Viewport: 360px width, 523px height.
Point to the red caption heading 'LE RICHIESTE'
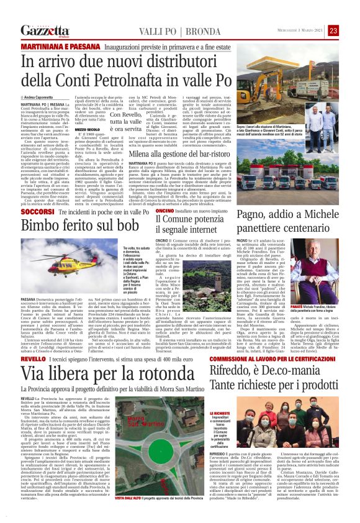coord(205,413)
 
